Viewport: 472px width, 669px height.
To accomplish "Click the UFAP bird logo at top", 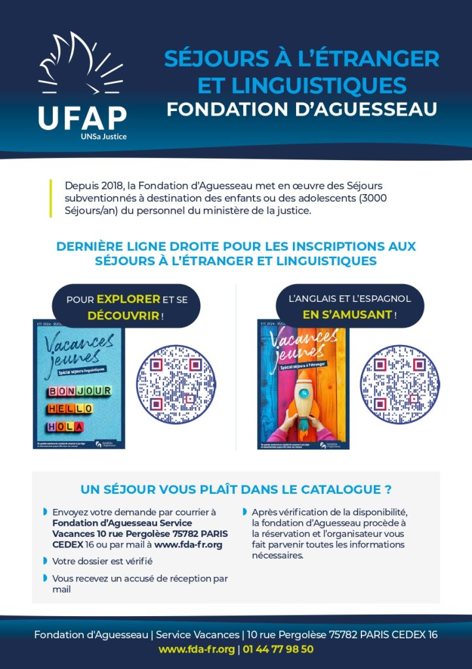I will (x=81, y=65).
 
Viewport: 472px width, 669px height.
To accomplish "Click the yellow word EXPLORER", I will (x=128, y=299).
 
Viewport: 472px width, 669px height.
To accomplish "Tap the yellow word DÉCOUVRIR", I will (x=123, y=316).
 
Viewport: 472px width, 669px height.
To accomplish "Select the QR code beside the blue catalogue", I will (x=175, y=385).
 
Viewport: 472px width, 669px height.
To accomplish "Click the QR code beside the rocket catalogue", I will (x=400, y=385).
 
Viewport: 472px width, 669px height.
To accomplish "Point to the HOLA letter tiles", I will (x=65, y=426).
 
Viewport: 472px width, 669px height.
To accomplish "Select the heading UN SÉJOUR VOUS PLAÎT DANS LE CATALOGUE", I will (x=235, y=489).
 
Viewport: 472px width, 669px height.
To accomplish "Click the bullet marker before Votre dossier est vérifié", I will (x=45, y=561).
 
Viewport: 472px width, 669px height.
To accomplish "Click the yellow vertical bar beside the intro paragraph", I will (x=50, y=198).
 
